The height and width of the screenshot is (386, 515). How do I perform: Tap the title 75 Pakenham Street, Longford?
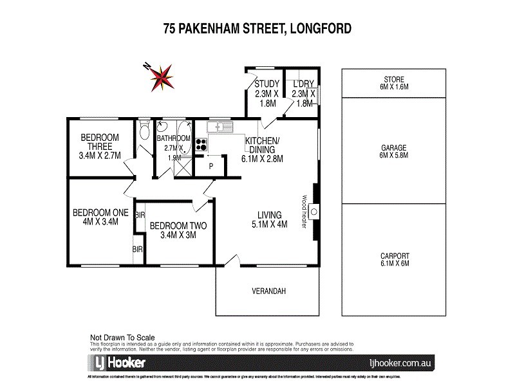click(x=257, y=28)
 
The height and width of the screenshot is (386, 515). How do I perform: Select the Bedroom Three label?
click(x=99, y=146)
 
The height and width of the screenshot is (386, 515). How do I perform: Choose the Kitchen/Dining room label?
click(x=261, y=149)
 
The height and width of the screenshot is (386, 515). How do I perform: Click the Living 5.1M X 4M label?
click(x=269, y=219)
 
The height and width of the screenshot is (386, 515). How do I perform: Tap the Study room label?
click(x=266, y=93)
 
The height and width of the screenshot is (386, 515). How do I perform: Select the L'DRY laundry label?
click(x=303, y=93)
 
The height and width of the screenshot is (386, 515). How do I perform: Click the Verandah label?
click(x=268, y=291)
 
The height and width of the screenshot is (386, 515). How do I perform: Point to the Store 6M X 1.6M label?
click(x=393, y=83)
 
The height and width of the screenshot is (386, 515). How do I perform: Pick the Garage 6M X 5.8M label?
click(x=393, y=151)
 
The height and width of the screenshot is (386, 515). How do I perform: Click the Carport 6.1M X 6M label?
click(x=393, y=259)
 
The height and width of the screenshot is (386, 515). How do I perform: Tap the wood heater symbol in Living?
click(x=314, y=211)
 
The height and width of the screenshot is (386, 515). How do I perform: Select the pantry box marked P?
click(x=211, y=166)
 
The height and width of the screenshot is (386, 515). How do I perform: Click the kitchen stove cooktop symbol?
click(x=201, y=143)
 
